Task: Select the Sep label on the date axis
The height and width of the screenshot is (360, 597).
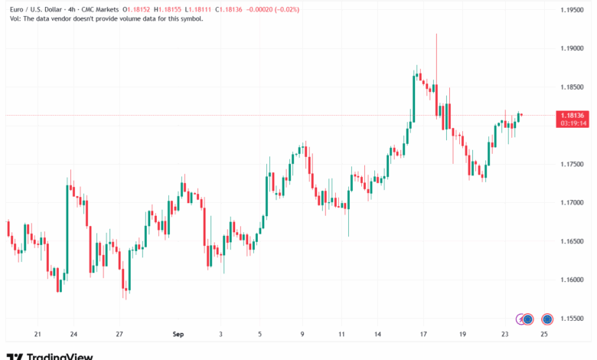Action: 178,335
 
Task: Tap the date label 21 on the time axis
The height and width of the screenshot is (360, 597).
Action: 38,335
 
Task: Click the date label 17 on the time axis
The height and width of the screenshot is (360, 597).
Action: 423,335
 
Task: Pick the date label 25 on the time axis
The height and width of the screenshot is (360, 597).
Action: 544,335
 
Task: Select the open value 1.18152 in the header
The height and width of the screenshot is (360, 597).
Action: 139,9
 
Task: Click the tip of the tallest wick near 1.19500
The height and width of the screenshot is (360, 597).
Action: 436,34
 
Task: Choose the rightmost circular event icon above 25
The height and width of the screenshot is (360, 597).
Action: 547,319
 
